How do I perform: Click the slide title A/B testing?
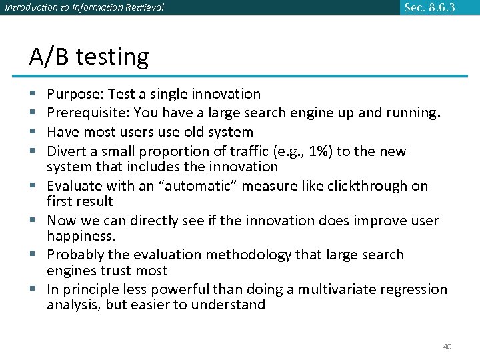click(x=89, y=57)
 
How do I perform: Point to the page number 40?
click(x=447, y=347)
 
